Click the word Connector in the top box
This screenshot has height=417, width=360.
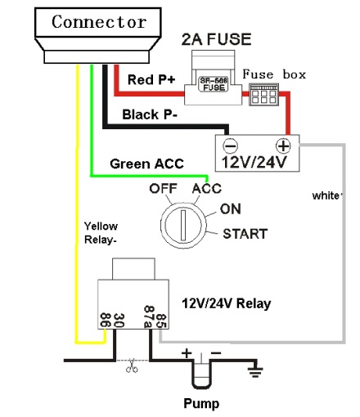click(99, 22)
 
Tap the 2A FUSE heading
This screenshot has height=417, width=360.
click(216, 39)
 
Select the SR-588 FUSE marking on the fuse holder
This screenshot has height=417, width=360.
click(214, 84)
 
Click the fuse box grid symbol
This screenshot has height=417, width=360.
click(264, 95)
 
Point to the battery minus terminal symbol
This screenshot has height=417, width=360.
click(231, 146)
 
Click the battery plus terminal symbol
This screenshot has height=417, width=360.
click(283, 146)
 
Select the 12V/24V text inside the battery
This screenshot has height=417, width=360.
click(254, 162)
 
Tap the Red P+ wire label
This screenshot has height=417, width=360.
click(151, 79)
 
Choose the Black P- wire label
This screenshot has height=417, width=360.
click(150, 114)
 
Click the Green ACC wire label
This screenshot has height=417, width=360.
click(146, 164)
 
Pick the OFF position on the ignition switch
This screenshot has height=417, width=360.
click(163, 188)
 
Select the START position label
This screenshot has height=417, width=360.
click(245, 234)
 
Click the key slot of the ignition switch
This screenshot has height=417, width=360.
click(183, 225)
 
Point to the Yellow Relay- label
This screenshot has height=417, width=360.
click(101, 233)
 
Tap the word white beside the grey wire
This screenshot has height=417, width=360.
click(326, 195)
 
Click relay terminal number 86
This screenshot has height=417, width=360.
click(105, 320)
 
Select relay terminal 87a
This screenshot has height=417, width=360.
click(149, 316)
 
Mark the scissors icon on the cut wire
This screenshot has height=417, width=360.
click(132, 365)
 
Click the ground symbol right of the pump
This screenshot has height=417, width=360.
click(255, 371)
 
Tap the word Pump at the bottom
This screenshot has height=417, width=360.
click(201, 403)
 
